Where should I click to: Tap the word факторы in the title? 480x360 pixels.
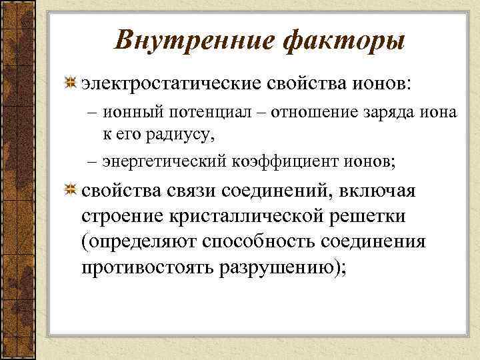pos(343,41)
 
